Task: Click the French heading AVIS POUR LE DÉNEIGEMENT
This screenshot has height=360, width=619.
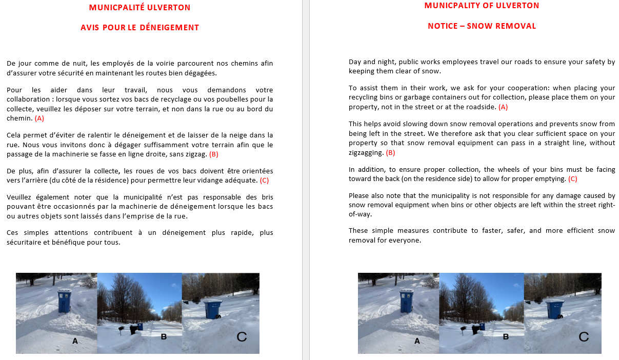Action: click(139, 28)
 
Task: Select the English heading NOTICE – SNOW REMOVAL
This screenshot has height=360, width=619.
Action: click(482, 26)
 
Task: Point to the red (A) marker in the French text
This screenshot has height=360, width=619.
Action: click(39, 118)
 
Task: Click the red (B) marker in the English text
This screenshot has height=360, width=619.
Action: click(390, 153)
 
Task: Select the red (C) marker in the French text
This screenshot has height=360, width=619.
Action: click(264, 180)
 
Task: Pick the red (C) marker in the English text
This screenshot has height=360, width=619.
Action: click(572, 179)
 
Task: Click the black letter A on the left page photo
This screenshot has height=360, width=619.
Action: click(74, 341)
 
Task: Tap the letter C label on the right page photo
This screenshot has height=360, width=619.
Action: click(584, 337)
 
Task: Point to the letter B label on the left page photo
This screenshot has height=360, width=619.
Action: click(164, 337)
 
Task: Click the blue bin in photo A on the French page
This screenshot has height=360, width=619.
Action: click(65, 301)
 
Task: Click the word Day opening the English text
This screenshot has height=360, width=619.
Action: click(355, 62)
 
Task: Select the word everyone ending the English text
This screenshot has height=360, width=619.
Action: click(404, 240)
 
